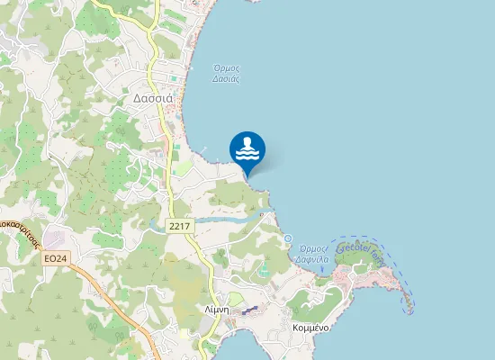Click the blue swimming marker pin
tap(247, 150)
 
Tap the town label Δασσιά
tap(152, 98)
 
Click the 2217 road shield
tap(178, 227)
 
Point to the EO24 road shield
tap(55, 259)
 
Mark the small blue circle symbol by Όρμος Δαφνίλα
tap(289, 238)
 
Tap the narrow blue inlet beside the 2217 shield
tap(225, 219)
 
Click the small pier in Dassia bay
tap(204, 148)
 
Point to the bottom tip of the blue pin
tap(247, 175)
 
